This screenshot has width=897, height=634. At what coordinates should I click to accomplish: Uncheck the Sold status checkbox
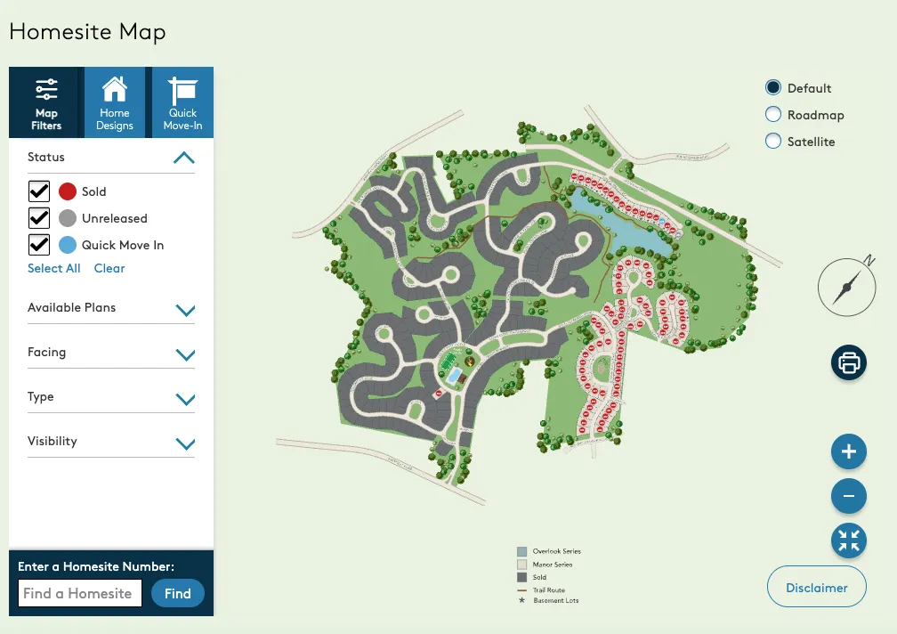tap(39, 191)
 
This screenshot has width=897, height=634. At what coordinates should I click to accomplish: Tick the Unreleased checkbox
tap(39, 218)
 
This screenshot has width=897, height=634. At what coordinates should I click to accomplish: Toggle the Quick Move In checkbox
tap(39, 245)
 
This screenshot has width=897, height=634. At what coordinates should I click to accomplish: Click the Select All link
tap(53, 268)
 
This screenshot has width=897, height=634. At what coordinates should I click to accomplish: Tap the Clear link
tap(109, 268)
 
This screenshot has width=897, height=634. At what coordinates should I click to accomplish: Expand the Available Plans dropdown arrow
tap(185, 310)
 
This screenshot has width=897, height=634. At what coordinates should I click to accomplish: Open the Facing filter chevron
tap(185, 354)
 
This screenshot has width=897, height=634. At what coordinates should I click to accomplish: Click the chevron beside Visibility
tap(185, 443)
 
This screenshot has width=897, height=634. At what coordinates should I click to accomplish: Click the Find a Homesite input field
tap(80, 593)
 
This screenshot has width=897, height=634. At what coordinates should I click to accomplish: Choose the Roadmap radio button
tap(772, 115)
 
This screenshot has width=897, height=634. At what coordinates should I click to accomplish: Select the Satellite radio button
tap(772, 142)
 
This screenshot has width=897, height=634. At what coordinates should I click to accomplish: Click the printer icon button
tap(848, 362)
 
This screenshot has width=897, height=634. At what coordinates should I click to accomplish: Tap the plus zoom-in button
tap(848, 451)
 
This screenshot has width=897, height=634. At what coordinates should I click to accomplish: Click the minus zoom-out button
tap(848, 496)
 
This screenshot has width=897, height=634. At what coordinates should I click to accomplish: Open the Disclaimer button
tap(816, 587)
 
